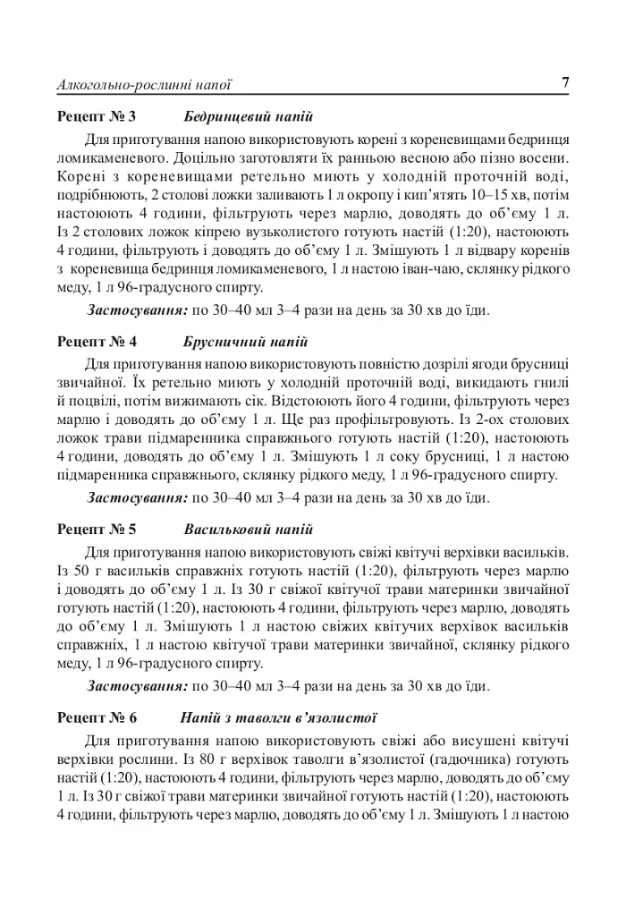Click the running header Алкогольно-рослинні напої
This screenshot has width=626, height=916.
(x=144, y=85)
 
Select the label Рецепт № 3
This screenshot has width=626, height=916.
(x=97, y=117)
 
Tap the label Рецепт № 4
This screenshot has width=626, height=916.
(x=97, y=342)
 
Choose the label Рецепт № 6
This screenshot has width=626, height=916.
(x=97, y=718)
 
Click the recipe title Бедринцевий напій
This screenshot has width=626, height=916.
(x=249, y=117)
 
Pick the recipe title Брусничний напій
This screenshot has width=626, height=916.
(x=246, y=342)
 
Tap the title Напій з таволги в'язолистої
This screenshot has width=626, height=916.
(x=278, y=718)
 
